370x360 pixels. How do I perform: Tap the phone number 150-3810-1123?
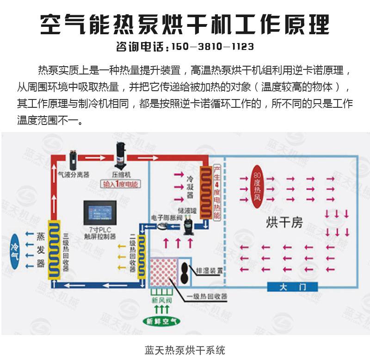click(x=212, y=47)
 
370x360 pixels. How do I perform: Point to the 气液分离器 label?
click(x=74, y=175)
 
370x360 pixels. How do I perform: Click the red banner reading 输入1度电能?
click(x=121, y=185)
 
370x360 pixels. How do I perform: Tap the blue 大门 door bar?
click(x=293, y=287)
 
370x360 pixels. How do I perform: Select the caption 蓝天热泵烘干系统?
click(x=185, y=349)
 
